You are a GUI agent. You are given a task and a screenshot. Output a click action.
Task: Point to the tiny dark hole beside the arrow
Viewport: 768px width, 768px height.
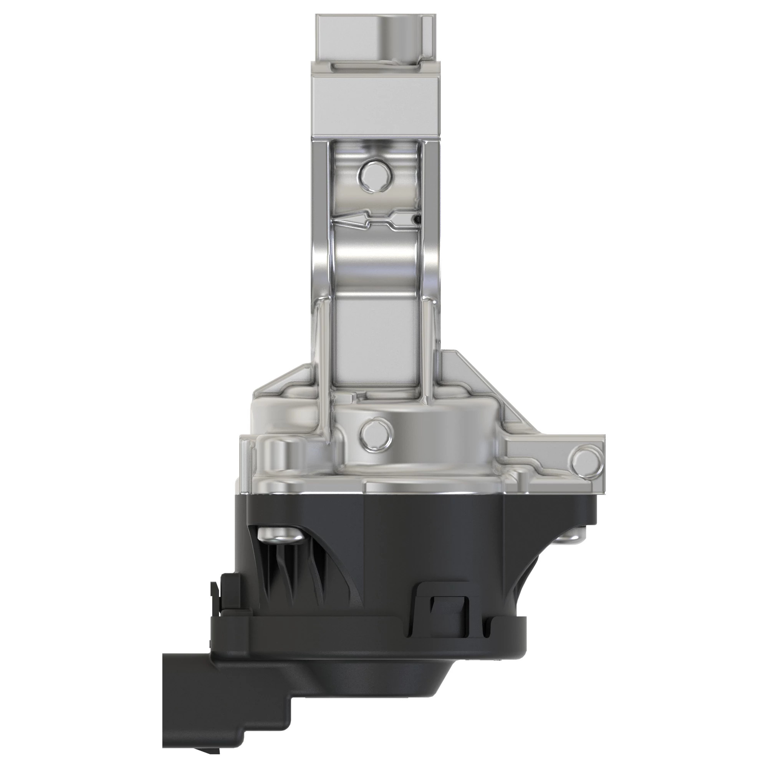pos(416,218)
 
